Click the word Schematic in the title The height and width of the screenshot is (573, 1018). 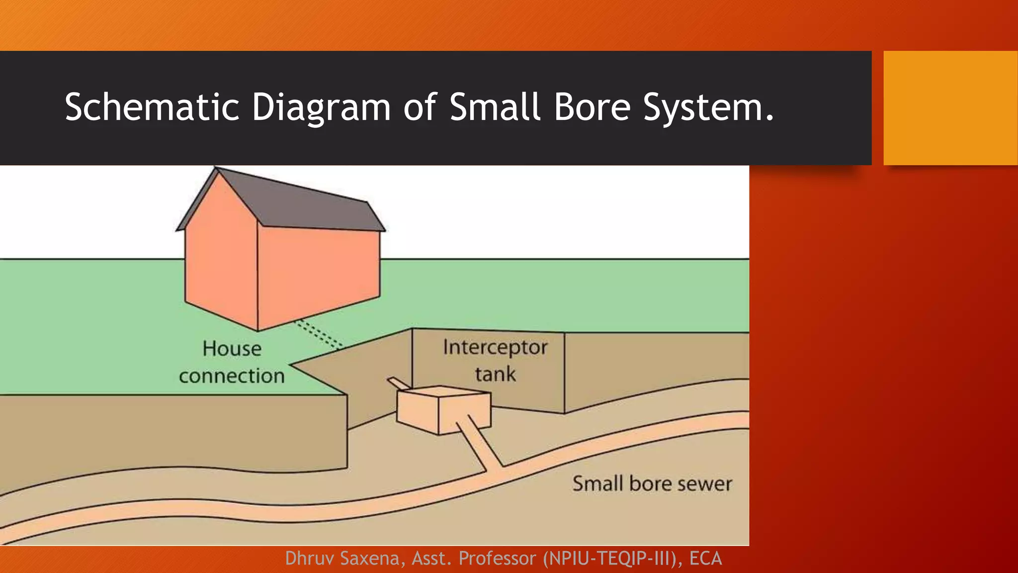pos(152,107)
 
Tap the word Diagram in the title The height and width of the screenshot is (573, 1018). pos(321,107)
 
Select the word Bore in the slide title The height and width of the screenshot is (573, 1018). pos(592,107)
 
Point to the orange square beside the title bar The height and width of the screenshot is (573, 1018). pos(950,108)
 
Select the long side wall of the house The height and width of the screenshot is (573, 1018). pos(318,274)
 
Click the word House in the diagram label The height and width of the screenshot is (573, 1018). pos(232,349)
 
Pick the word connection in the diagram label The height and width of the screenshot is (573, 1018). pos(232,376)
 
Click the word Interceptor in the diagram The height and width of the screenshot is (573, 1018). pos(495,347)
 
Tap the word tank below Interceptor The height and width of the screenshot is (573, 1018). pos(495,374)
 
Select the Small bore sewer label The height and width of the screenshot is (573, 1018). pos(652,483)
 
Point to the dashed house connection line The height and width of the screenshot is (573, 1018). pos(318,333)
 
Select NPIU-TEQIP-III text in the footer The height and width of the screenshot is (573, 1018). pos(612,559)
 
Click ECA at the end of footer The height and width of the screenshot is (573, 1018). pos(705,559)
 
